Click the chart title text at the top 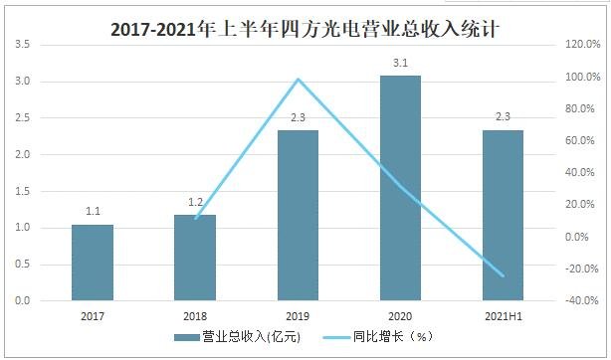(305, 30)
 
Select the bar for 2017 (93, 263)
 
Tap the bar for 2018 (195, 258)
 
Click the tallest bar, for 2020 (400, 188)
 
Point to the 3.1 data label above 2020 (400, 63)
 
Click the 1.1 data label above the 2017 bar (93, 211)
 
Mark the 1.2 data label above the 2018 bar (195, 202)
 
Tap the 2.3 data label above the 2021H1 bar (503, 117)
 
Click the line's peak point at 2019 (298, 80)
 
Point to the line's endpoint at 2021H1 (503, 275)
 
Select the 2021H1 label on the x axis (503, 315)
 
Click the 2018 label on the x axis (195, 315)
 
